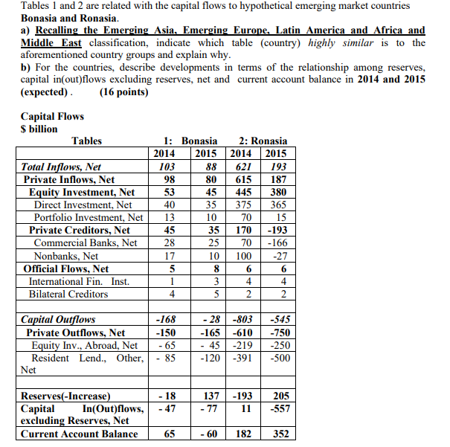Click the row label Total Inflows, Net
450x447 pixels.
pyautogui.click(x=62, y=167)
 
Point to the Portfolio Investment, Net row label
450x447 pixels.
pyautogui.click(x=89, y=218)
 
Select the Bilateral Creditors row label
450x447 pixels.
pyautogui.click(x=68, y=294)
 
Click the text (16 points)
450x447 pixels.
pyautogui.click(x=123, y=92)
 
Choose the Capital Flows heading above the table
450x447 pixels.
pyautogui.click(x=52, y=116)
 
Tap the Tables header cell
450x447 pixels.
pyautogui.click(x=86, y=141)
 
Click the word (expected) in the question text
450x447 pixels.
pyautogui.click(x=46, y=92)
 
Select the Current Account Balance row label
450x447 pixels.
pyautogui.click(x=79, y=434)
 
